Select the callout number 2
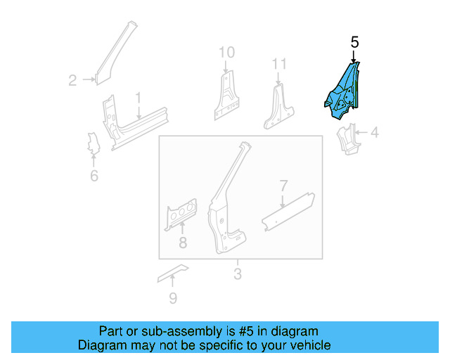(72, 81)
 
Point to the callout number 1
(139, 97)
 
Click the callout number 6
(94, 176)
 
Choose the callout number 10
(226, 52)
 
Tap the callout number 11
(280, 65)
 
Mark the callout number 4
(374, 131)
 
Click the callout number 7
(283, 186)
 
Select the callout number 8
(183, 244)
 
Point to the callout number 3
(238, 274)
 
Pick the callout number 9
(173, 299)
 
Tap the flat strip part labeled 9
(173, 272)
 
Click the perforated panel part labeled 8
(181, 214)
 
